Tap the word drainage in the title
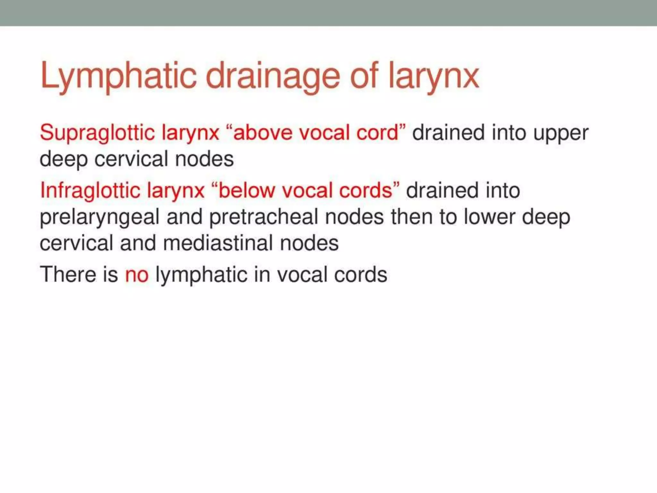coord(273,76)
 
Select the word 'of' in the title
coord(364,76)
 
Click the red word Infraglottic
coord(90,191)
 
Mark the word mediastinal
coord(218,243)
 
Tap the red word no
coord(137,275)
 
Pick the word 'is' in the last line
coord(110,274)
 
